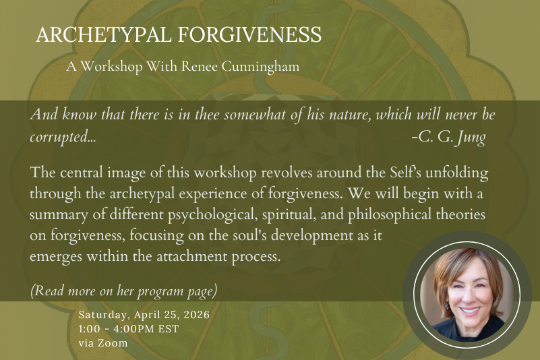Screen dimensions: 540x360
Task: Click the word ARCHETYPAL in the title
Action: tap(104, 34)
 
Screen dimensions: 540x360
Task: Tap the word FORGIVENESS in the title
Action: tap(249, 34)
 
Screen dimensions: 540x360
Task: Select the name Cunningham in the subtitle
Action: tap(260, 67)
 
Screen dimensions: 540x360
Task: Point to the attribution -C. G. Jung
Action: tap(449, 137)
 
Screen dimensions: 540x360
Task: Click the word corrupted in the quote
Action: tap(63, 138)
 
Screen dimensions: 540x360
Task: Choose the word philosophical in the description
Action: tap(390, 215)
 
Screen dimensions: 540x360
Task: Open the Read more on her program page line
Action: tap(124, 291)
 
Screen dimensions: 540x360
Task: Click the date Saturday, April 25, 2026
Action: tap(144, 315)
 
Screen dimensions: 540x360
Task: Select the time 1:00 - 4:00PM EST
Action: tap(129, 328)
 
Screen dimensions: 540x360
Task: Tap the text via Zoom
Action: tap(103, 342)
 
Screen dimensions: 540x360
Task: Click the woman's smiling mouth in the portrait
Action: tap(470, 311)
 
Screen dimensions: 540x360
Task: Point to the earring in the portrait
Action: tap(447, 305)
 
